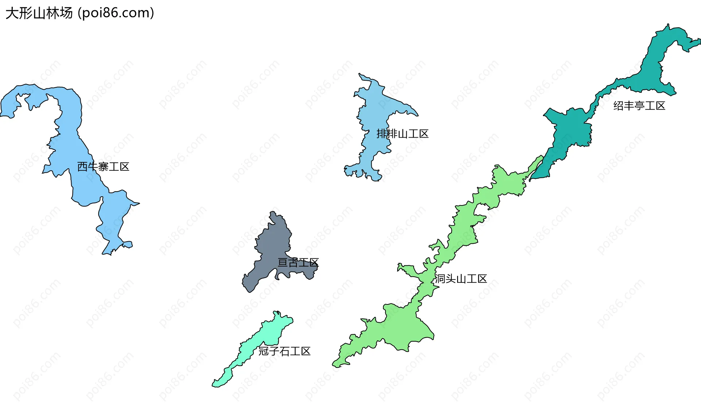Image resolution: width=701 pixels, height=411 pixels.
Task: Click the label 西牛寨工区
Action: click(103, 167)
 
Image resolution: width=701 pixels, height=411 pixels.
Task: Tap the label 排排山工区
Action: click(402, 134)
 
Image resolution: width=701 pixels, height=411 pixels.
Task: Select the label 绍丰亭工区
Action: click(639, 106)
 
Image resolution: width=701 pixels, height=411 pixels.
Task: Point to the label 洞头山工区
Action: click(461, 279)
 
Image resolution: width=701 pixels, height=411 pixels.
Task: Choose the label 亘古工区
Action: click(298, 262)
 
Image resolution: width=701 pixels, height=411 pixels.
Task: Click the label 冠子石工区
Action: click(284, 351)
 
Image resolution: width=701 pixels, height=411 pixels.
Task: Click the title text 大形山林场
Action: click(39, 13)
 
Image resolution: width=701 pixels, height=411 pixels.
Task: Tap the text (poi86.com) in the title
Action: click(116, 13)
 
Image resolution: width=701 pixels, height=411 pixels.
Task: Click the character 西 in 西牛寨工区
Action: click(83, 167)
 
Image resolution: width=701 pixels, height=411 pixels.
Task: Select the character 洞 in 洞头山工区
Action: click(440, 279)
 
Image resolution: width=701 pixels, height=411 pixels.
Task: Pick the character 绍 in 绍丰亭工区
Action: click(618, 106)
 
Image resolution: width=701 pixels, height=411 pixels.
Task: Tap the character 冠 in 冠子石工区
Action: click(264, 351)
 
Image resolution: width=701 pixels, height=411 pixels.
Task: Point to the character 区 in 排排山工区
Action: click(424, 134)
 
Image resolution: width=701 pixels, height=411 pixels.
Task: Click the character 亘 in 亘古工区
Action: click(283, 262)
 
